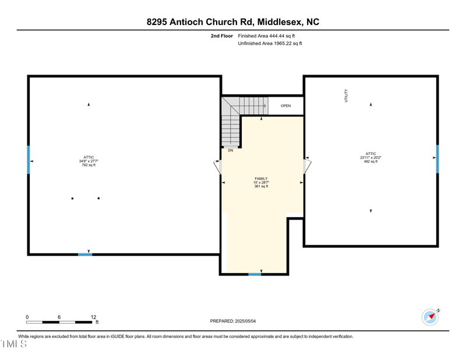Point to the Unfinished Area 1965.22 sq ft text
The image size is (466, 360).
coord(270,44)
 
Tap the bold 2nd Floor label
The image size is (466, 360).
coord(221,36)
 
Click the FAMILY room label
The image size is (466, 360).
coord(261,179)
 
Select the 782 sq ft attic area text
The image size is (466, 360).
coord(89,165)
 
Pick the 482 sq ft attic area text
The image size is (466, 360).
coord(370,161)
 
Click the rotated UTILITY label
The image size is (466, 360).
coord(346,96)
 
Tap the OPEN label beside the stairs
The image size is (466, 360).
coord(285,106)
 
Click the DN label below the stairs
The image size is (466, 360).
coord(231,150)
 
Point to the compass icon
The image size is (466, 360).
coord(430,317)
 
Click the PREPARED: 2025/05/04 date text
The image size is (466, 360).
coord(233,321)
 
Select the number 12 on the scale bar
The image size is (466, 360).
coord(93,317)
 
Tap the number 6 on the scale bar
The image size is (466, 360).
coord(59,317)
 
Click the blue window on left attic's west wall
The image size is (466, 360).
coord(28,160)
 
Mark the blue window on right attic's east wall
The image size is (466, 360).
coord(437,159)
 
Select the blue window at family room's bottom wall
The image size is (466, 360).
coord(255,274)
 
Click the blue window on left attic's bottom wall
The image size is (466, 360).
coord(85,255)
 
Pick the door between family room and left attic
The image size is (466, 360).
coord(218,167)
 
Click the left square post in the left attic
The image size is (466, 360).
coord(72,199)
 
